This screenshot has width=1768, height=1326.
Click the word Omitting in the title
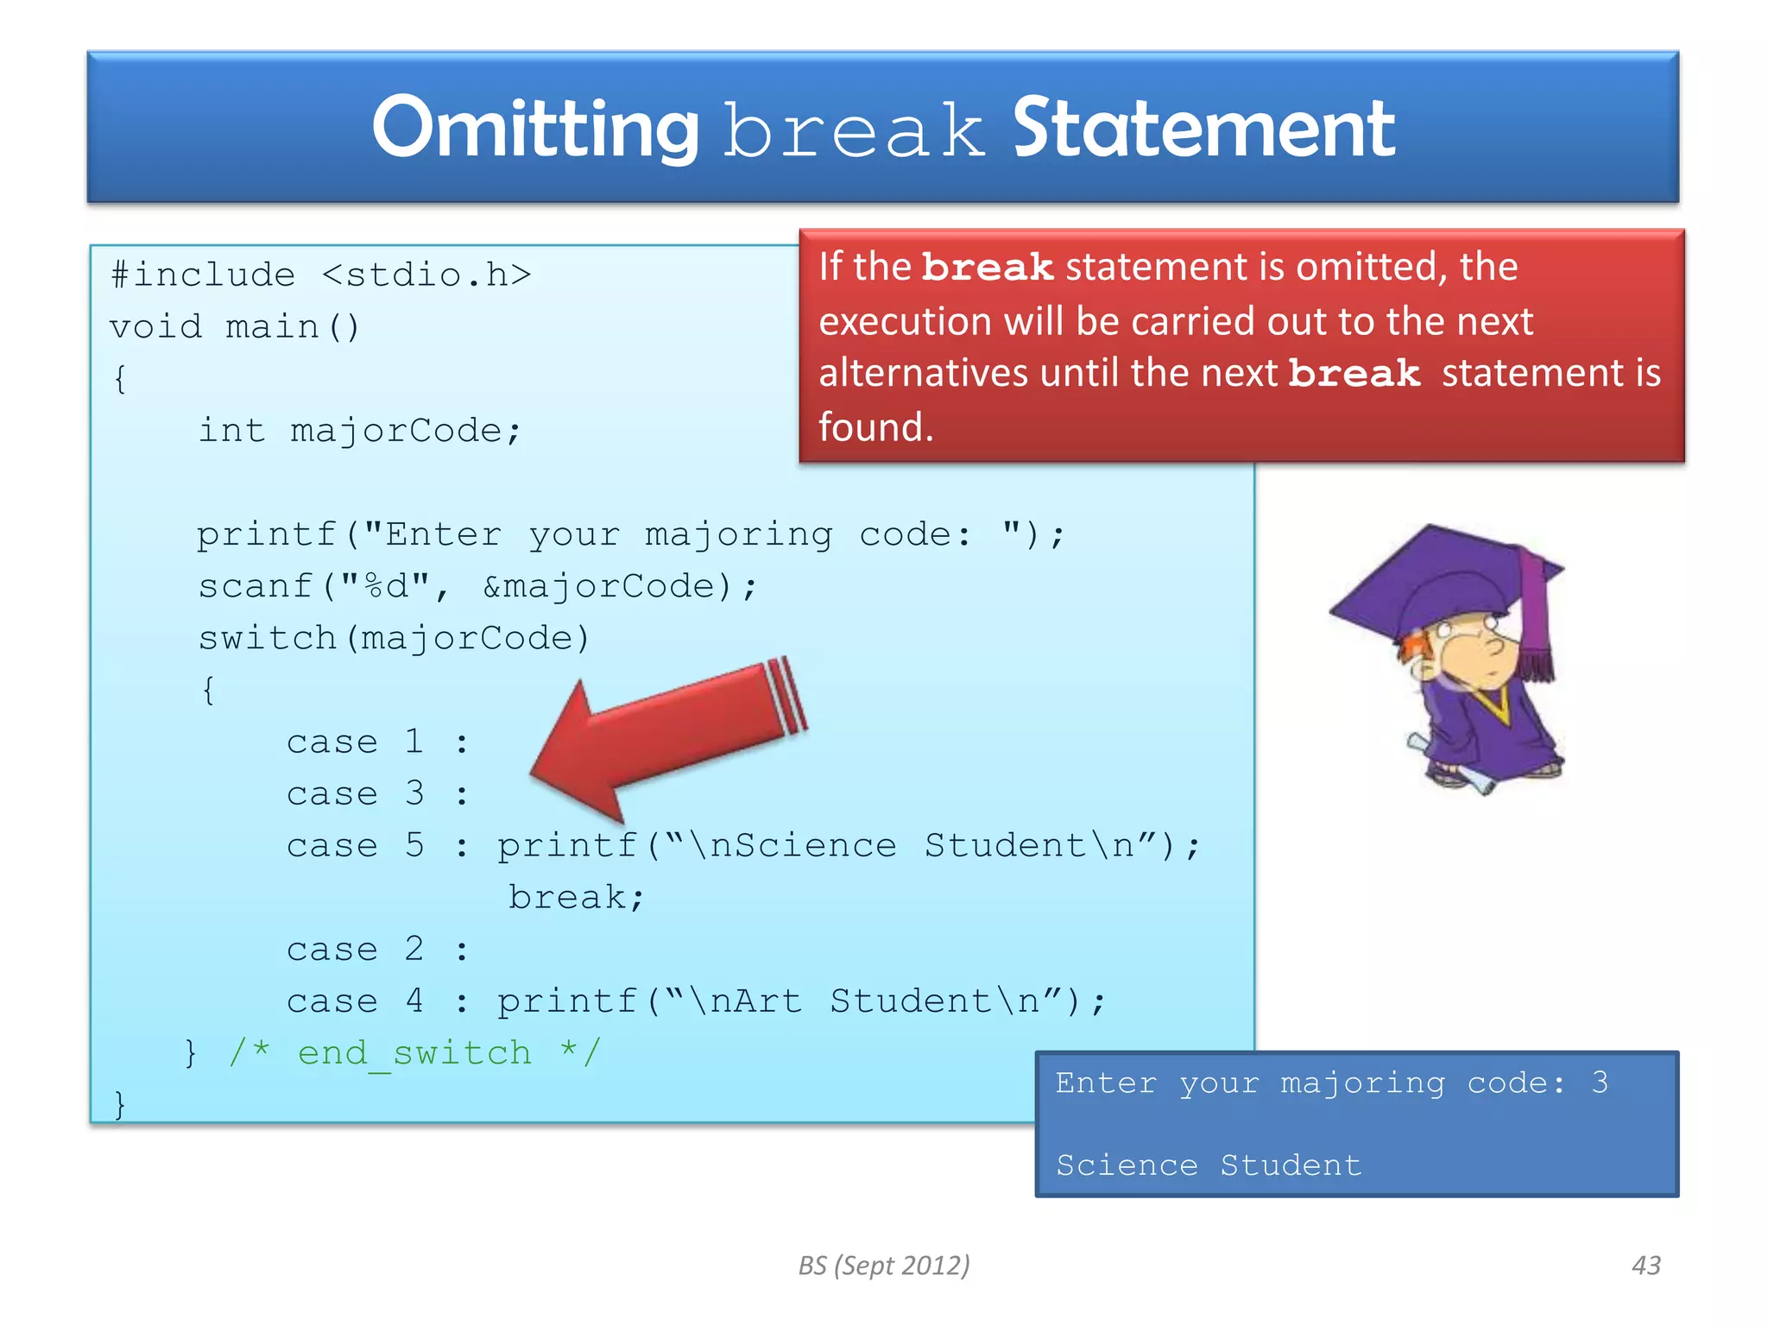(534, 129)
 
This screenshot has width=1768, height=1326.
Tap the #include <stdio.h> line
(320, 275)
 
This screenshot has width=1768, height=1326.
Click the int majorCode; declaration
(359, 431)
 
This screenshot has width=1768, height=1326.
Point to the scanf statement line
(477, 587)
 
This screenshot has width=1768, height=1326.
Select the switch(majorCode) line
(394, 639)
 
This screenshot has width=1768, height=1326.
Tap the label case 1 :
(376, 742)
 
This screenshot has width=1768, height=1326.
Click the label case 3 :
(376, 794)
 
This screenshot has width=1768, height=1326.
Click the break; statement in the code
(576, 898)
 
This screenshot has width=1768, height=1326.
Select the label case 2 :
(376, 950)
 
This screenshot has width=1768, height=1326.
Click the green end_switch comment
(414, 1053)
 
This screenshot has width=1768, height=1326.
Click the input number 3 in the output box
(1600, 1083)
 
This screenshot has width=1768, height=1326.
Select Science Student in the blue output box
(1209, 1165)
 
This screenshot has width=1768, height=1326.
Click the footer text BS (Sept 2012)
(883, 1266)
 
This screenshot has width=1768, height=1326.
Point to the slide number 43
(1645, 1266)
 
